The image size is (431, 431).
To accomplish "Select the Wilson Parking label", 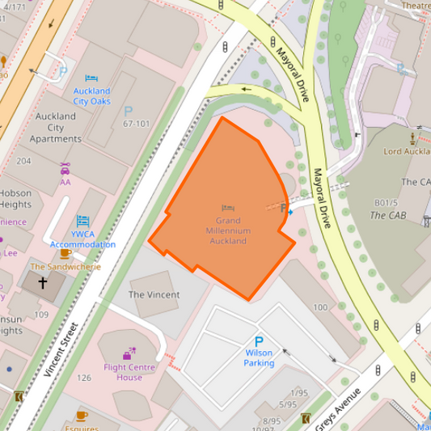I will [260, 358].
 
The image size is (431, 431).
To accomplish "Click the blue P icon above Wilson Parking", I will [260, 342].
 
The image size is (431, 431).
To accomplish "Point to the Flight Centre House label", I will [129, 371].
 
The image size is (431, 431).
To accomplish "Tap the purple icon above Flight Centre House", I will [129, 353].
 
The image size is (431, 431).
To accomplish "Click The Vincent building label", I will [154, 295].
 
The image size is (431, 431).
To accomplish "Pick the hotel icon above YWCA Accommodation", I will [83, 221].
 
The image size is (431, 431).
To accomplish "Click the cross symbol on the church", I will [43, 283].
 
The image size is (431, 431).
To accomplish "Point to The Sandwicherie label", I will [65, 266].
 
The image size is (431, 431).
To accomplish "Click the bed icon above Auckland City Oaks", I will [91, 78].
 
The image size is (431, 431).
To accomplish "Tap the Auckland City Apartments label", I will [56, 127].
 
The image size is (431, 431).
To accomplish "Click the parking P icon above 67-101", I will [127, 111].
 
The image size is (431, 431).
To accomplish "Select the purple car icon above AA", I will [65, 169].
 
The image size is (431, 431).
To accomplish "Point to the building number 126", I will [84, 378].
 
